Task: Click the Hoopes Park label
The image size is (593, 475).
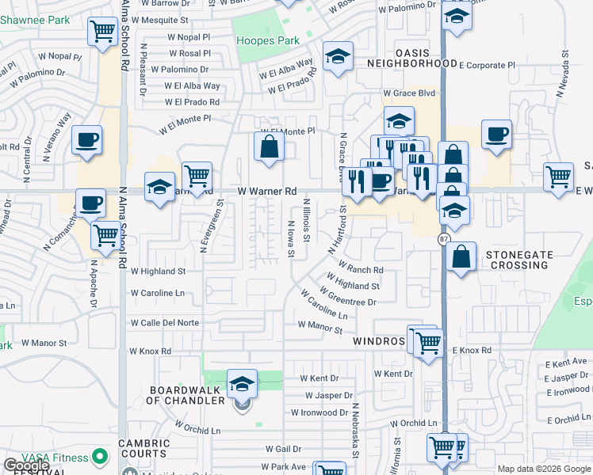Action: (x=266, y=40)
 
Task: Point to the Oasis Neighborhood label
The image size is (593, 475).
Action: (x=407, y=63)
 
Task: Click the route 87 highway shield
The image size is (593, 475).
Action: (x=444, y=238)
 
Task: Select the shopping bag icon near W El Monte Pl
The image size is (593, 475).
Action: (x=270, y=146)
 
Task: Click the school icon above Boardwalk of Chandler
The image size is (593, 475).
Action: (x=242, y=384)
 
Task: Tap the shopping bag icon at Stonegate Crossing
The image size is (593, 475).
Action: (x=461, y=256)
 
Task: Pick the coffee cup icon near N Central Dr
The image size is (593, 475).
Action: (x=87, y=140)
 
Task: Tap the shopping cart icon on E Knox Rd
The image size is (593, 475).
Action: (x=428, y=344)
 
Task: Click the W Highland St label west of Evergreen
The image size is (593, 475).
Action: (x=158, y=271)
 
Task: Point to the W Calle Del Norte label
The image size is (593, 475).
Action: (x=165, y=323)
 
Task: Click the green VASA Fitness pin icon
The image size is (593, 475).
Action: (x=100, y=457)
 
